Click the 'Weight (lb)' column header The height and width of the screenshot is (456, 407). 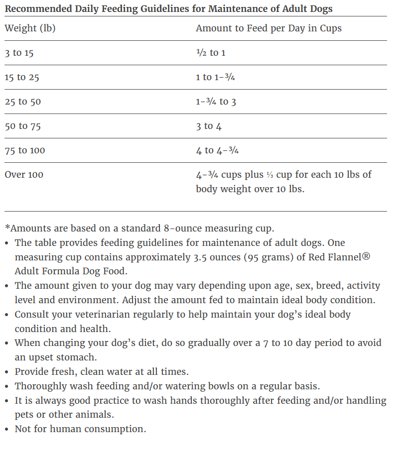[30, 28]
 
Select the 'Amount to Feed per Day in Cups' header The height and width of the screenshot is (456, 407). [269, 28]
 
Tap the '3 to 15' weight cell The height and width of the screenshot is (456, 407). [19, 53]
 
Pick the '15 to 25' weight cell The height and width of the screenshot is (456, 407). [22, 77]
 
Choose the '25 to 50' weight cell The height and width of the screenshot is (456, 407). [23, 102]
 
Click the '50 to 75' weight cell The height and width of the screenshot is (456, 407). [23, 126]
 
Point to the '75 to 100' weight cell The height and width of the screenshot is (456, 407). [25, 150]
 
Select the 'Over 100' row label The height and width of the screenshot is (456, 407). [24, 175]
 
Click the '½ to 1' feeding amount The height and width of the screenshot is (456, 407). [210, 53]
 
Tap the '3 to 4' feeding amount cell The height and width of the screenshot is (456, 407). [209, 126]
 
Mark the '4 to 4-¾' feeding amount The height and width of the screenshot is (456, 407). [217, 150]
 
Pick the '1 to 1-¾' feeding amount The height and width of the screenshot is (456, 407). [215, 77]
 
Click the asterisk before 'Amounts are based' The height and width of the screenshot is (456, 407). [7, 228]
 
